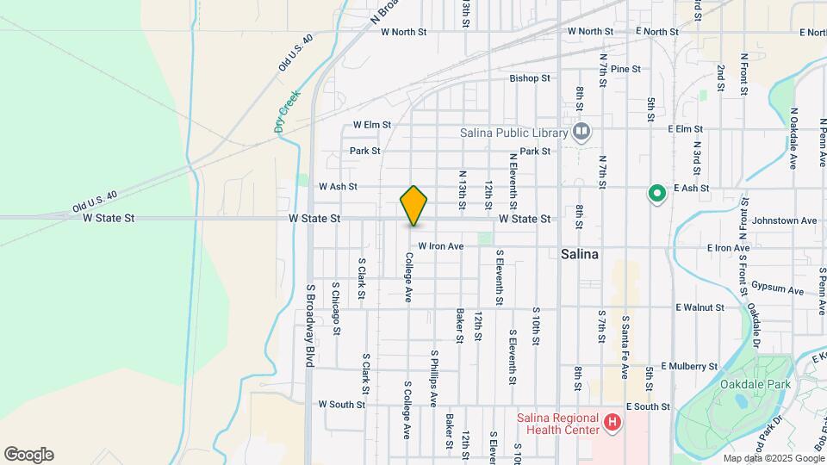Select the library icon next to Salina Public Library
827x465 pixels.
tap(581, 132)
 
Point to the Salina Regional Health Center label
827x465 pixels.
tap(558, 423)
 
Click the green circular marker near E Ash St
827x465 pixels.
tap(656, 195)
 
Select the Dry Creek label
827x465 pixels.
tap(287, 111)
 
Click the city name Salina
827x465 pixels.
tap(580, 255)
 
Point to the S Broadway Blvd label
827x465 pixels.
tap(308, 325)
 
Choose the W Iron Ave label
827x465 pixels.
tap(441, 246)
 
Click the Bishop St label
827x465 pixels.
tap(529, 78)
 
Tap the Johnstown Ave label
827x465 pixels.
tap(784, 220)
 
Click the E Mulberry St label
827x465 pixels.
tap(688, 366)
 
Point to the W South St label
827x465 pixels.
tap(342, 404)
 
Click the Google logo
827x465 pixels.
tap(28, 455)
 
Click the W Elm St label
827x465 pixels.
tap(372, 125)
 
